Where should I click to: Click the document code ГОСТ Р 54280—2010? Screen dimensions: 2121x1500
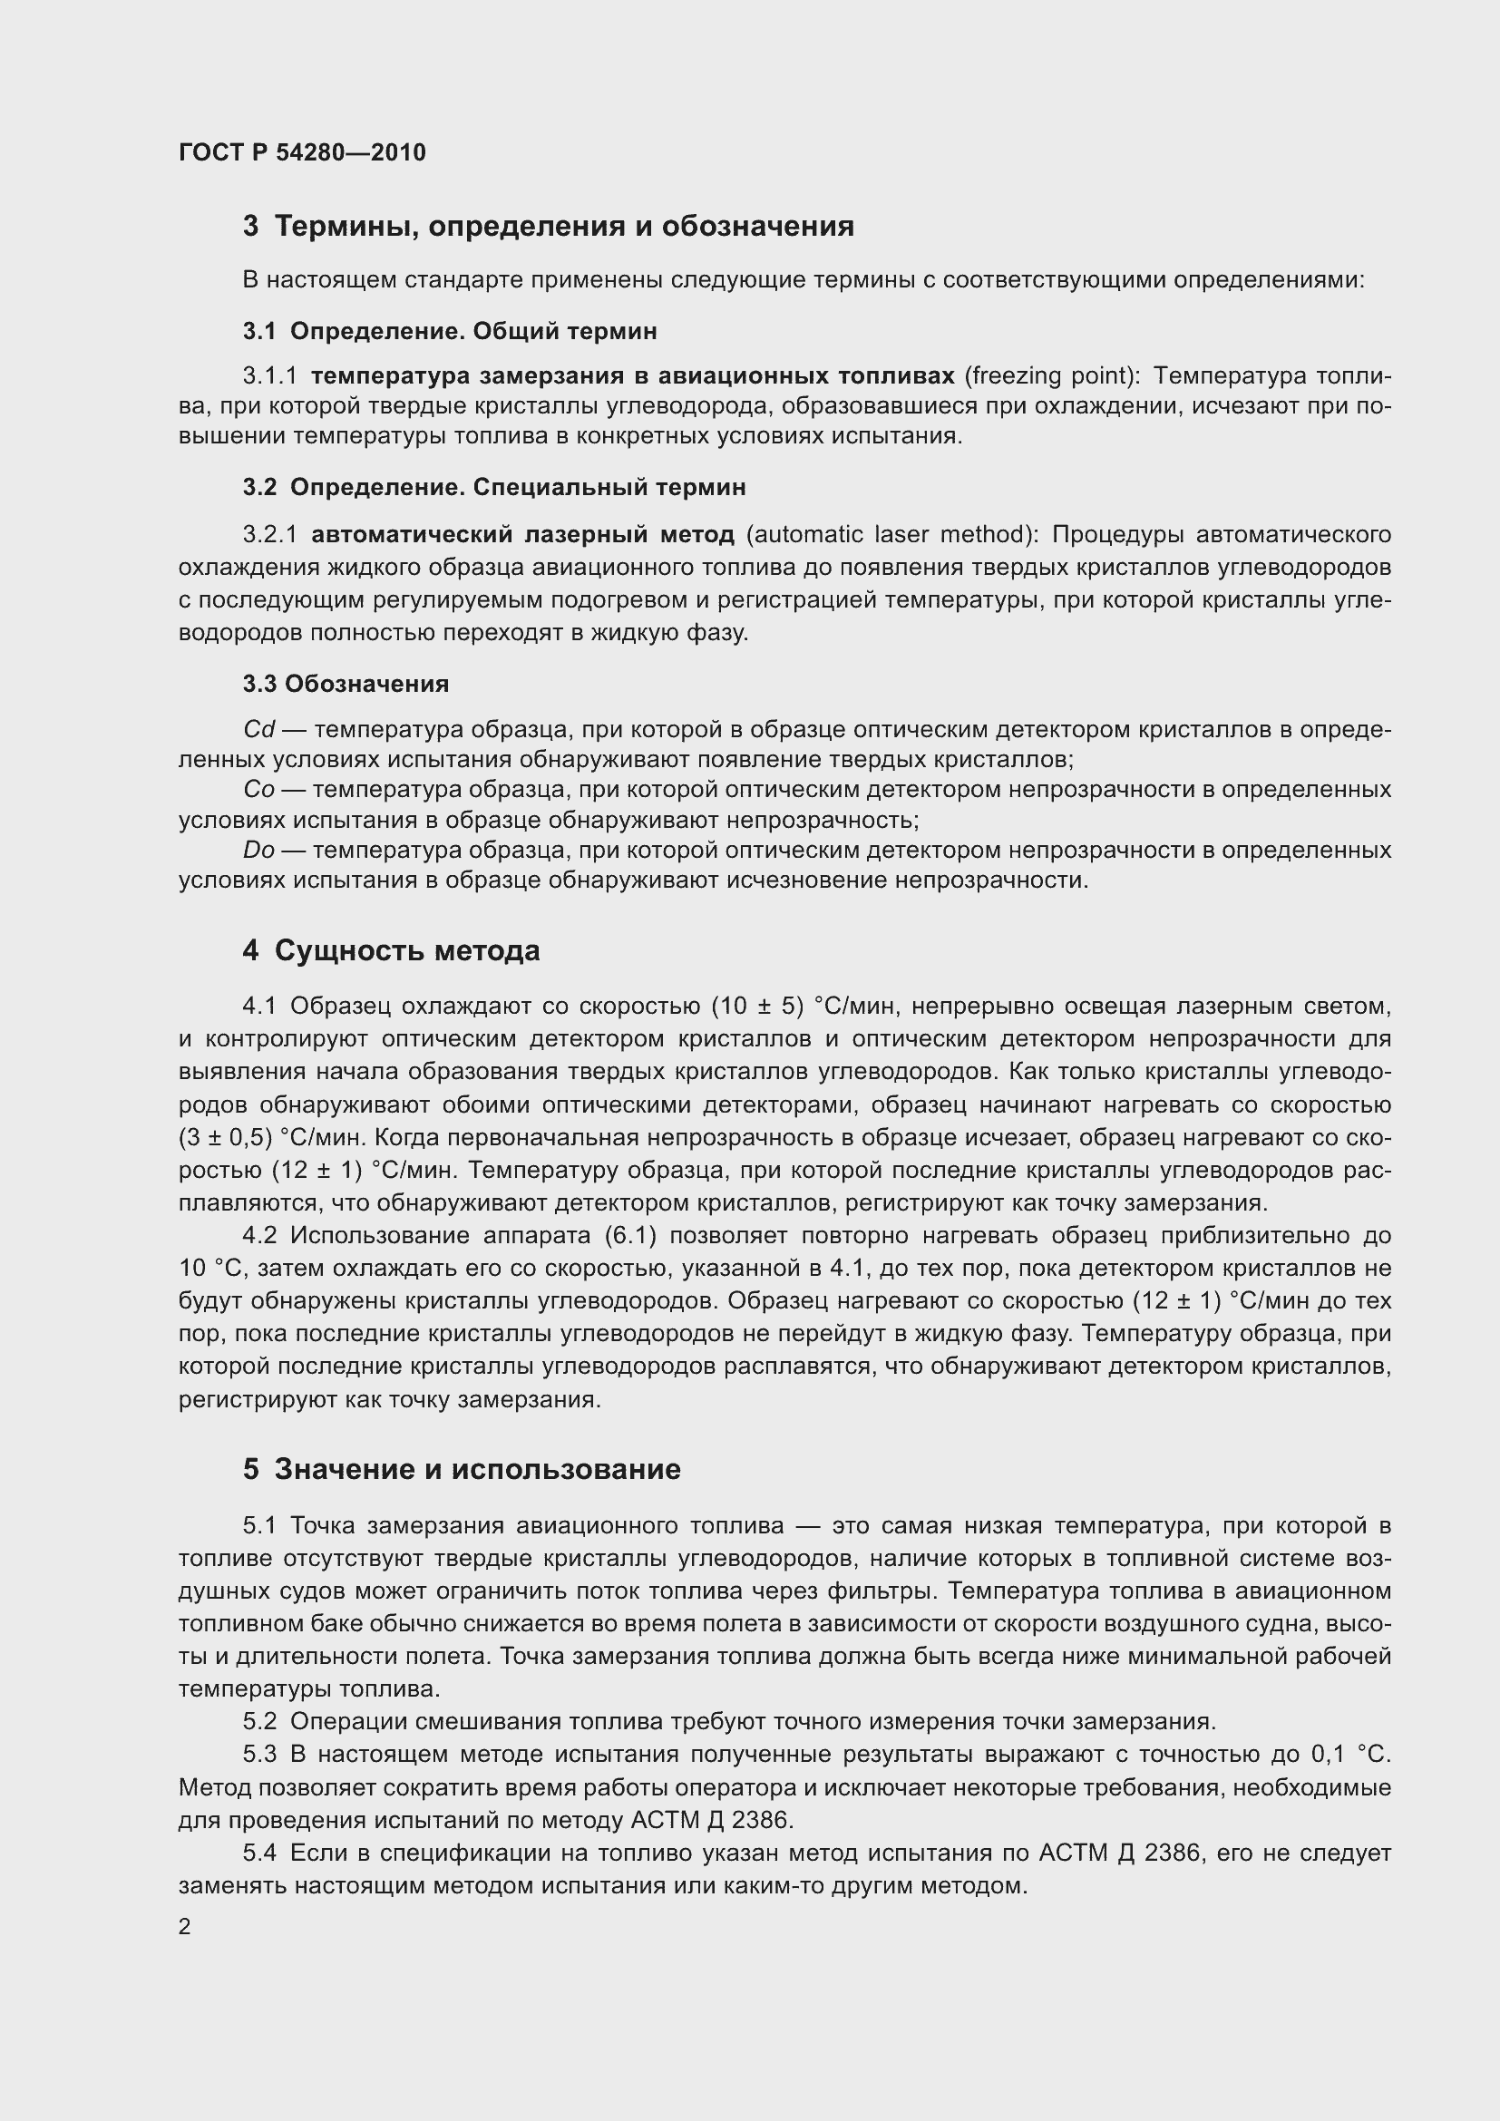(302, 152)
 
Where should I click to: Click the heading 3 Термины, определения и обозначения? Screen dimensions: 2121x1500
(548, 227)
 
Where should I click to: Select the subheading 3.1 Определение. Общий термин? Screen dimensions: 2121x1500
(450, 331)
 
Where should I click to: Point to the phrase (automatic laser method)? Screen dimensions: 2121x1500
(891, 535)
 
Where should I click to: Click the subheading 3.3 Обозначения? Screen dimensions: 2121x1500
(346, 684)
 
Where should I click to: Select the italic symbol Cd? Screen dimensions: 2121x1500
(259, 730)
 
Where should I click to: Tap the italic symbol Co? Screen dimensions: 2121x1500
(259, 790)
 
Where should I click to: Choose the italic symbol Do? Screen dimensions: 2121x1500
(259, 850)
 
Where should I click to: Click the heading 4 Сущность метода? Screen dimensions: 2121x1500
(391, 950)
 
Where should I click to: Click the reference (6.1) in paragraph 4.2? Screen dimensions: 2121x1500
(628, 1236)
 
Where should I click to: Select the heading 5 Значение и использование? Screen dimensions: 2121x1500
(462, 1469)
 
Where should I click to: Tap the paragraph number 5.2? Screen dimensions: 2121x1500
(259, 1721)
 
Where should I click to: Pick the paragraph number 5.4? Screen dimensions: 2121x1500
(259, 1853)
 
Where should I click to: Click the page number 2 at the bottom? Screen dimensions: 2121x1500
(185, 1927)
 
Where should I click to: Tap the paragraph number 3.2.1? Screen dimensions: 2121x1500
(270, 535)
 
